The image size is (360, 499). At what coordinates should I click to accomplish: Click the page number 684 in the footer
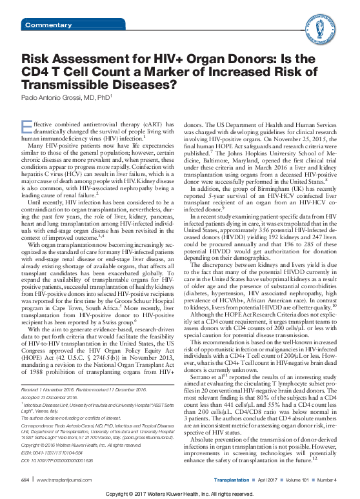[x=26, y=480]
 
